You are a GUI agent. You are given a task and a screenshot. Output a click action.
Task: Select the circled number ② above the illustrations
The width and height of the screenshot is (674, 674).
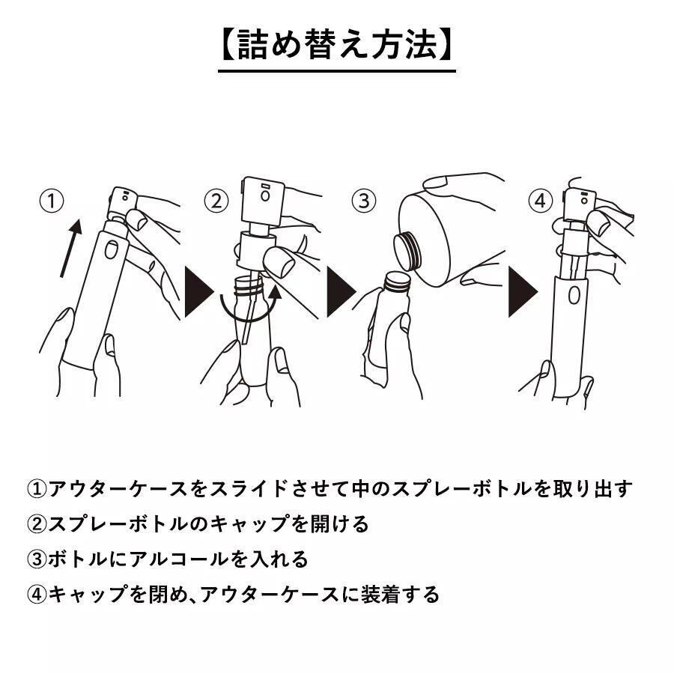[216, 201]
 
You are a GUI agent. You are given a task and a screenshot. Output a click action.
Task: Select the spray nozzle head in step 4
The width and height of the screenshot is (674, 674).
[580, 198]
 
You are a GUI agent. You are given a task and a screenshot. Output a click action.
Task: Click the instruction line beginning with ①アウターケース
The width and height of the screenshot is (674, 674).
[330, 489]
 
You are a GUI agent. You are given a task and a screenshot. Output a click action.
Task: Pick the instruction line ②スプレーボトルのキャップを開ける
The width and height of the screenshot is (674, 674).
[198, 524]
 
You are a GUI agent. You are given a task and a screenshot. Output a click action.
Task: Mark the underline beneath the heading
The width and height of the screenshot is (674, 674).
[336, 71]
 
